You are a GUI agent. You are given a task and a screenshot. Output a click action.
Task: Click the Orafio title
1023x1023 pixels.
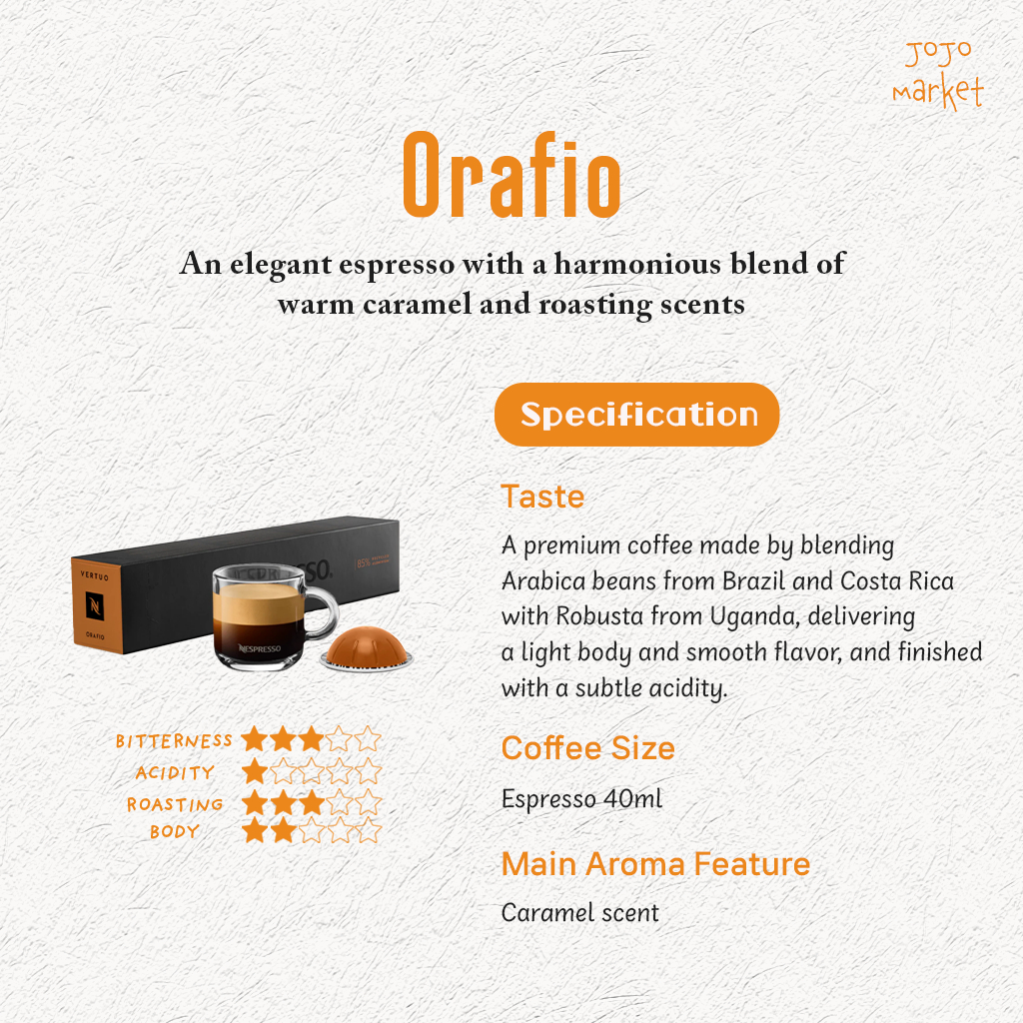(511, 175)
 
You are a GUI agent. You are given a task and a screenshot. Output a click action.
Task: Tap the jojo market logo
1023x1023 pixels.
(938, 75)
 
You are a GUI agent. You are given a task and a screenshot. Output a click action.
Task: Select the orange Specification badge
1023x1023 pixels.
(636, 415)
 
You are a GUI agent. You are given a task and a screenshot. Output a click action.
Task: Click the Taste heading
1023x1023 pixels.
(542, 497)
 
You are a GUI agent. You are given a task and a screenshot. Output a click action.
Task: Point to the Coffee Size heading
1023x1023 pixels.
(587, 748)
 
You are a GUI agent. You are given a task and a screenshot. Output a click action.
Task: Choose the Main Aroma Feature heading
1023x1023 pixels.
(655, 864)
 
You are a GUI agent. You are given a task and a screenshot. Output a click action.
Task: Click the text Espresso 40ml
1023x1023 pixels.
(581, 798)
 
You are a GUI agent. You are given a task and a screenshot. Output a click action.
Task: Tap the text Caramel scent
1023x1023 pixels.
(580, 913)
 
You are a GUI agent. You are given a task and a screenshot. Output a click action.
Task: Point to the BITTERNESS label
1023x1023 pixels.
(174, 740)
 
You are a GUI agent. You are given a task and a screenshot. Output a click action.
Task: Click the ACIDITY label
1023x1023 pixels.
(175, 773)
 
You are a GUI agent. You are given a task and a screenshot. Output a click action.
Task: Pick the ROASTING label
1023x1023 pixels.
(175, 804)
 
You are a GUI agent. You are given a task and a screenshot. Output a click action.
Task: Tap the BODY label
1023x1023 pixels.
(174, 831)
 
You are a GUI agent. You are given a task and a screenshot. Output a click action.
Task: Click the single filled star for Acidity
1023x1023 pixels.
(255, 772)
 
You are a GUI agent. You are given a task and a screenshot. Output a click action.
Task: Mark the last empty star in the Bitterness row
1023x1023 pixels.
(368, 739)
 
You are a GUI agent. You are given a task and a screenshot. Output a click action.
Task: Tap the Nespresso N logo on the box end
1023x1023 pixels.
(95, 606)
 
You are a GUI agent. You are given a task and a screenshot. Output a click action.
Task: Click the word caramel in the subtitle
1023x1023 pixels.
(417, 304)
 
